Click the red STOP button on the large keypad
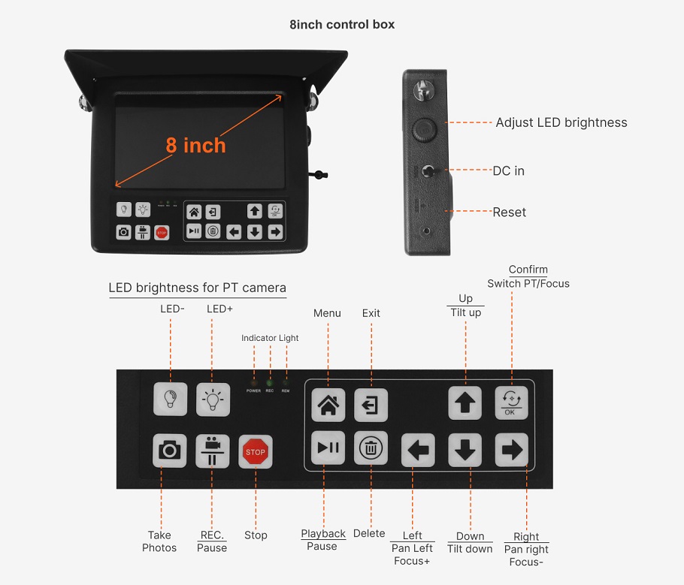pos(256,451)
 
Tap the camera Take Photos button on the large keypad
pos(170,451)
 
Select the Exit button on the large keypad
pos(371,406)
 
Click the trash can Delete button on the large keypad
pos(371,449)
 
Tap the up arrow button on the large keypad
pos(465,404)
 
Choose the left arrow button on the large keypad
pos(418,451)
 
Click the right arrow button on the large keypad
pos(511,451)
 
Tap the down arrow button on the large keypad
pos(465,451)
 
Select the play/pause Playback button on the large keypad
pos(328,449)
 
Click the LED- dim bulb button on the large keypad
pos(170,399)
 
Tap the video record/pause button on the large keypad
pos(213,451)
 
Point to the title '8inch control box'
pos(342,24)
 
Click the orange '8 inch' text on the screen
pos(195,145)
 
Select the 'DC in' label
pos(508,171)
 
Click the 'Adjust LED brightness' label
pos(561,122)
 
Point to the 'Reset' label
pos(509,213)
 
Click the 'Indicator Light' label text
pos(270,338)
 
